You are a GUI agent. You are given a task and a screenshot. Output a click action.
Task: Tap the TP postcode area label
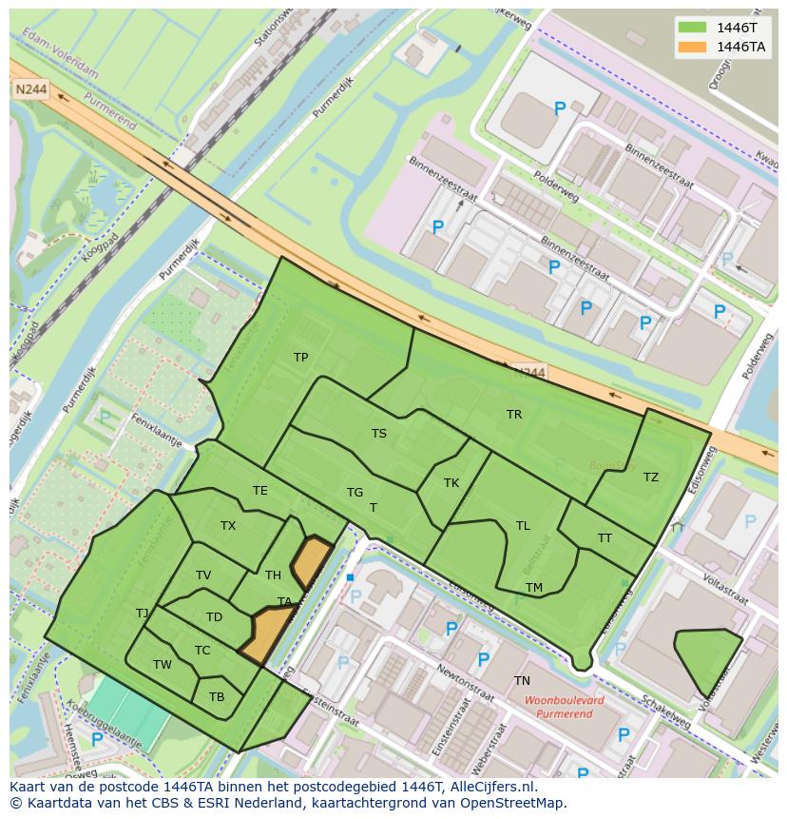click(300, 358)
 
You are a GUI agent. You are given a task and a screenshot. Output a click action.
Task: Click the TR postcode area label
click(514, 415)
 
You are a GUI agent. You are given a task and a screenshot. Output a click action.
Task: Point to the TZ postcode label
click(650, 478)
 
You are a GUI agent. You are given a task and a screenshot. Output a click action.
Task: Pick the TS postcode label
click(379, 434)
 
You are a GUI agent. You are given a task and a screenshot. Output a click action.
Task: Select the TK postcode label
click(451, 483)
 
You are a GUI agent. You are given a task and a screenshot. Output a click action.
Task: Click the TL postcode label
click(523, 526)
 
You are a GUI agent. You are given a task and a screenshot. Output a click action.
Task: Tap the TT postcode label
click(605, 538)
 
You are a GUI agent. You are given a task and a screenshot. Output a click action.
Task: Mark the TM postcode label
click(534, 588)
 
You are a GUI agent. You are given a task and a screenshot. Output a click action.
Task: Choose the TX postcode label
click(228, 526)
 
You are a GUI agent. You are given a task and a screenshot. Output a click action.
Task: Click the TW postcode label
click(163, 665)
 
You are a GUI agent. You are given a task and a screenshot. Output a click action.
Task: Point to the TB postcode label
click(217, 697)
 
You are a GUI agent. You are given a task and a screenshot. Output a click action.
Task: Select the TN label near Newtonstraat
click(522, 681)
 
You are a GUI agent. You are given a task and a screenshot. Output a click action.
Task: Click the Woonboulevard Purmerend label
click(564, 706)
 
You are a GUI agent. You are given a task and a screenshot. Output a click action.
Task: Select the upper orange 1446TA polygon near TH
click(310, 561)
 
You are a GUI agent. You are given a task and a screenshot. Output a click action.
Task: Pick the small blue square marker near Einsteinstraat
click(350, 577)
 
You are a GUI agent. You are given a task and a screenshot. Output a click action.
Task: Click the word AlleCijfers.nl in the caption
click(491, 788)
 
